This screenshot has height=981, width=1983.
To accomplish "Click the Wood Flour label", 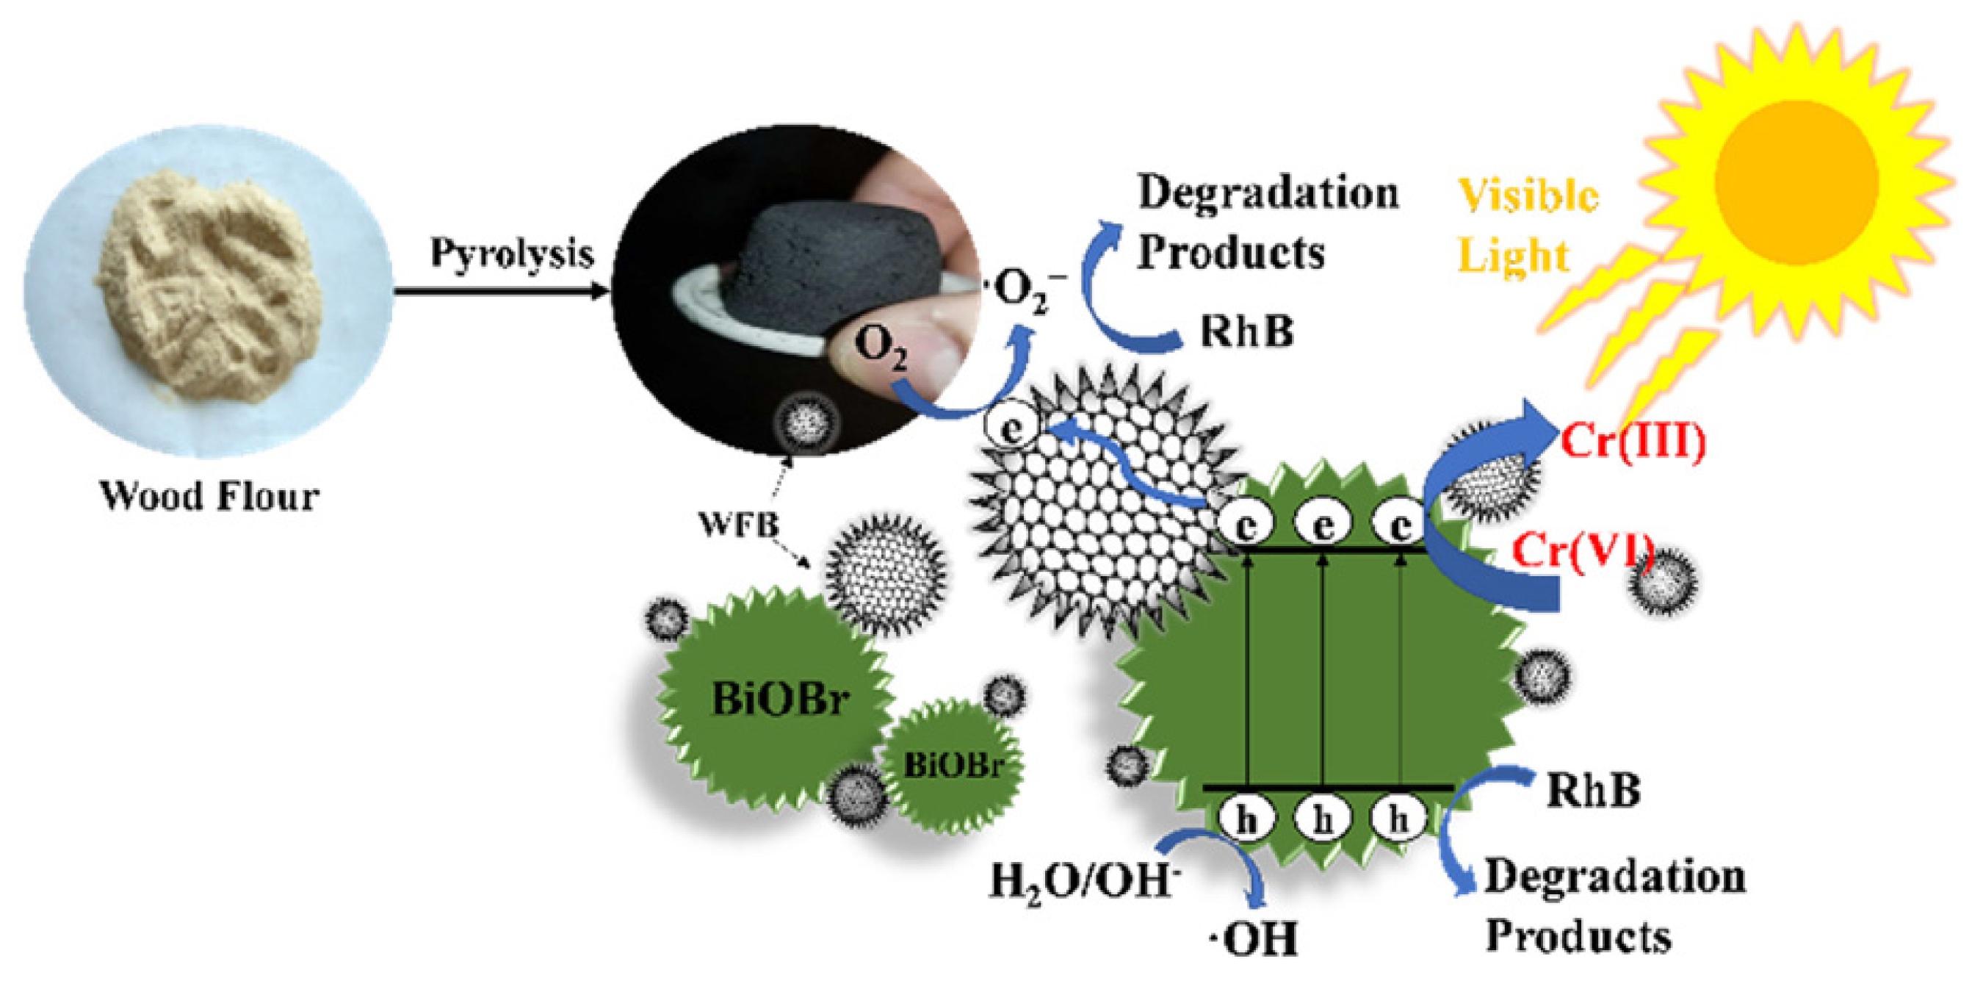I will click(209, 497).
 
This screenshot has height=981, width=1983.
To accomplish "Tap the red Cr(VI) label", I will click(1583, 551).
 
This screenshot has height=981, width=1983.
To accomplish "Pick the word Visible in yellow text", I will click(1528, 195).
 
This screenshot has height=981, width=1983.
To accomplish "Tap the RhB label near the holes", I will click(1594, 791).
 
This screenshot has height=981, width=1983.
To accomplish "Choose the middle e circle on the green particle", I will click(1323, 526).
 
